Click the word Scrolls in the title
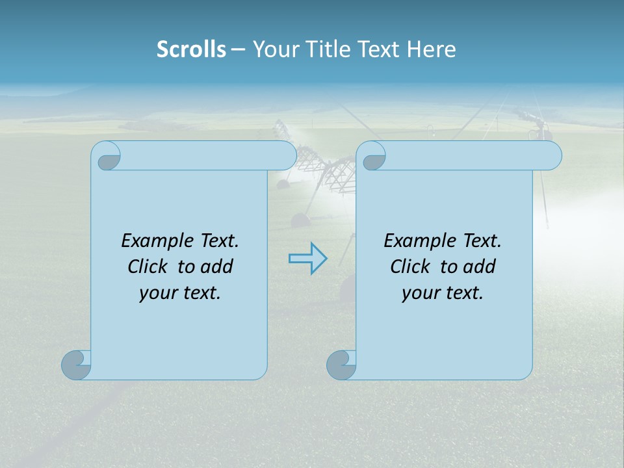click(x=192, y=49)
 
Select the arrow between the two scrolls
click(x=307, y=258)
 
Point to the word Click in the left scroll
click(x=148, y=266)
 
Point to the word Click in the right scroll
click(x=410, y=266)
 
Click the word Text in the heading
click(x=379, y=49)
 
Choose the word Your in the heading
click(x=276, y=49)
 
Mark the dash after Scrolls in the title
click(x=239, y=49)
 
